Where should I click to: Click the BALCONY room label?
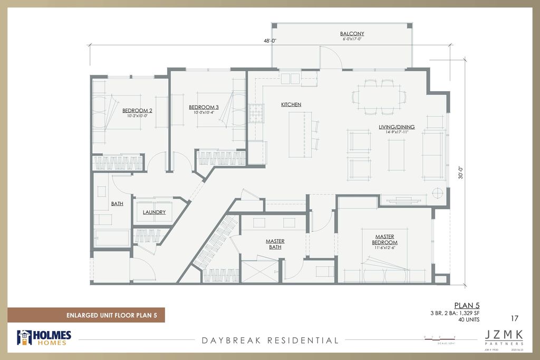coord(353,34)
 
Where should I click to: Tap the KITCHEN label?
coord(291,105)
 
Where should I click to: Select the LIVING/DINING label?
coord(397,127)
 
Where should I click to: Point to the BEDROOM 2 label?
coord(137,111)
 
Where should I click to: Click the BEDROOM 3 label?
coord(204,108)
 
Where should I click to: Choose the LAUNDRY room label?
coord(154,212)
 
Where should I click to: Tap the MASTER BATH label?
coord(275,245)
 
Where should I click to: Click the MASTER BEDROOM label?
coord(385,240)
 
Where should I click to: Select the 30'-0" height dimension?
coord(461,173)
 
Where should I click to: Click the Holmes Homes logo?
coord(44,338)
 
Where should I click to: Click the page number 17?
coord(516,318)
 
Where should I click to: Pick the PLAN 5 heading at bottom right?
coord(467,305)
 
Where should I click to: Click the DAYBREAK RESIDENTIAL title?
coord(270,340)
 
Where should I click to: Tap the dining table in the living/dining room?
coord(379,96)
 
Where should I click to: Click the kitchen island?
coord(300,134)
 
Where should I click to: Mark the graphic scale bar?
coord(439,337)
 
